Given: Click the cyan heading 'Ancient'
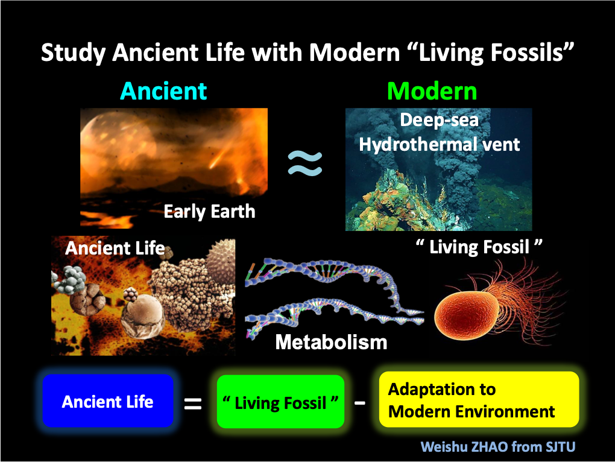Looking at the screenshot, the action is tap(163, 91).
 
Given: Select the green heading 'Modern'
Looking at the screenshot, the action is tap(432, 91).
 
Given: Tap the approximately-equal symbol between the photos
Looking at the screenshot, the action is tap(304, 163).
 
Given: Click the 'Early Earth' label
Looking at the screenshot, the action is tap(209, 211).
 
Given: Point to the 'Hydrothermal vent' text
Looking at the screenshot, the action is tap(440, 144).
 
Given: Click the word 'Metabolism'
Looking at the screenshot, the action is tap(332, 342).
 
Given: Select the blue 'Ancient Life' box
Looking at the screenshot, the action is tap(108, 401).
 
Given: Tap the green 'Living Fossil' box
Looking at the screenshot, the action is tap(280, 402).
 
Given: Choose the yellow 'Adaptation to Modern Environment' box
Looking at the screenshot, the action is tap(479, 399).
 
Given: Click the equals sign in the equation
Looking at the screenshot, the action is tap(193, 403).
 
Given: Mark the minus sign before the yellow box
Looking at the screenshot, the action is tap(360, 402).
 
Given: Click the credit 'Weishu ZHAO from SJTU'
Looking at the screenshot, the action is tap(497, 447).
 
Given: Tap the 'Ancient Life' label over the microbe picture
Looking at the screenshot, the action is tap(115, 248).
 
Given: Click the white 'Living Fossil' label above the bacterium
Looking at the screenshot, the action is tap(479, 247).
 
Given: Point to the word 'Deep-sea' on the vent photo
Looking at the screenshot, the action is tap(440, 120).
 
